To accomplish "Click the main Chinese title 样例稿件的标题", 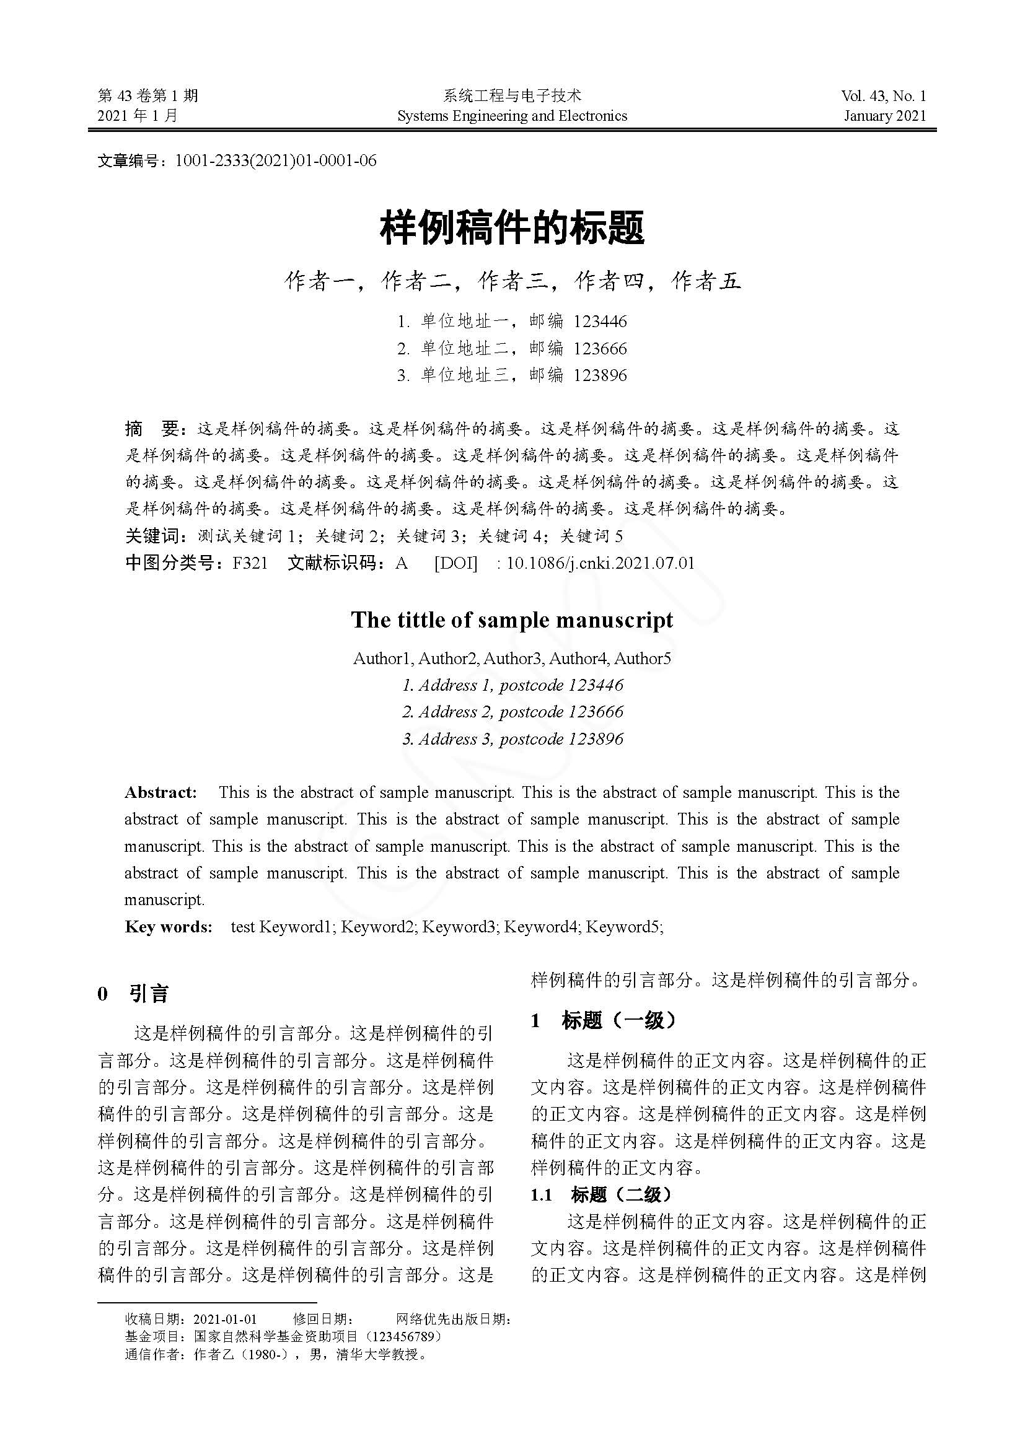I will point(512,229).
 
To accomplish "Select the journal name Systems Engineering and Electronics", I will point(512,116).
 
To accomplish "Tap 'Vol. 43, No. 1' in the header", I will point(883,96).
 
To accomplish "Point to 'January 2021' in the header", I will point(885,116).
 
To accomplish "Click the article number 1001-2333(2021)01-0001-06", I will point(275,161).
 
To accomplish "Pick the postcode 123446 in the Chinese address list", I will point(600,322).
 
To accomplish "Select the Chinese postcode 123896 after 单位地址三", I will point(600,375).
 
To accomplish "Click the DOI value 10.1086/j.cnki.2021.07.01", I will point(600,563).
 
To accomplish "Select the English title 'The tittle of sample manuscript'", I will point(512,619).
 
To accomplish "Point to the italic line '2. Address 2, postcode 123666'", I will point(512,712).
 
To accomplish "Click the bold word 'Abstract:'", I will point(161,793).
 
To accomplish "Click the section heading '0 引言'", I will point(133,995).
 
